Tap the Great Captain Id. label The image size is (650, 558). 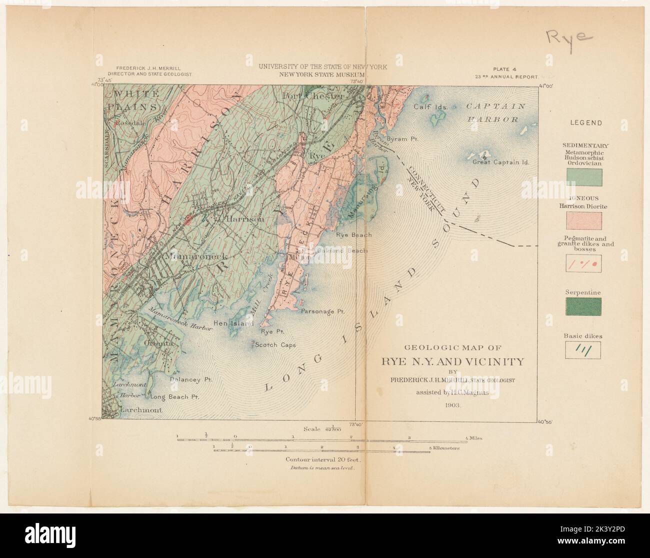501,162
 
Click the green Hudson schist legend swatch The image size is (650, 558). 584,177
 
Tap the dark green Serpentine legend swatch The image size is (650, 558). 584,307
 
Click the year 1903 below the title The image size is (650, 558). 453,405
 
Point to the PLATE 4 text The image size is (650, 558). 506,70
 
